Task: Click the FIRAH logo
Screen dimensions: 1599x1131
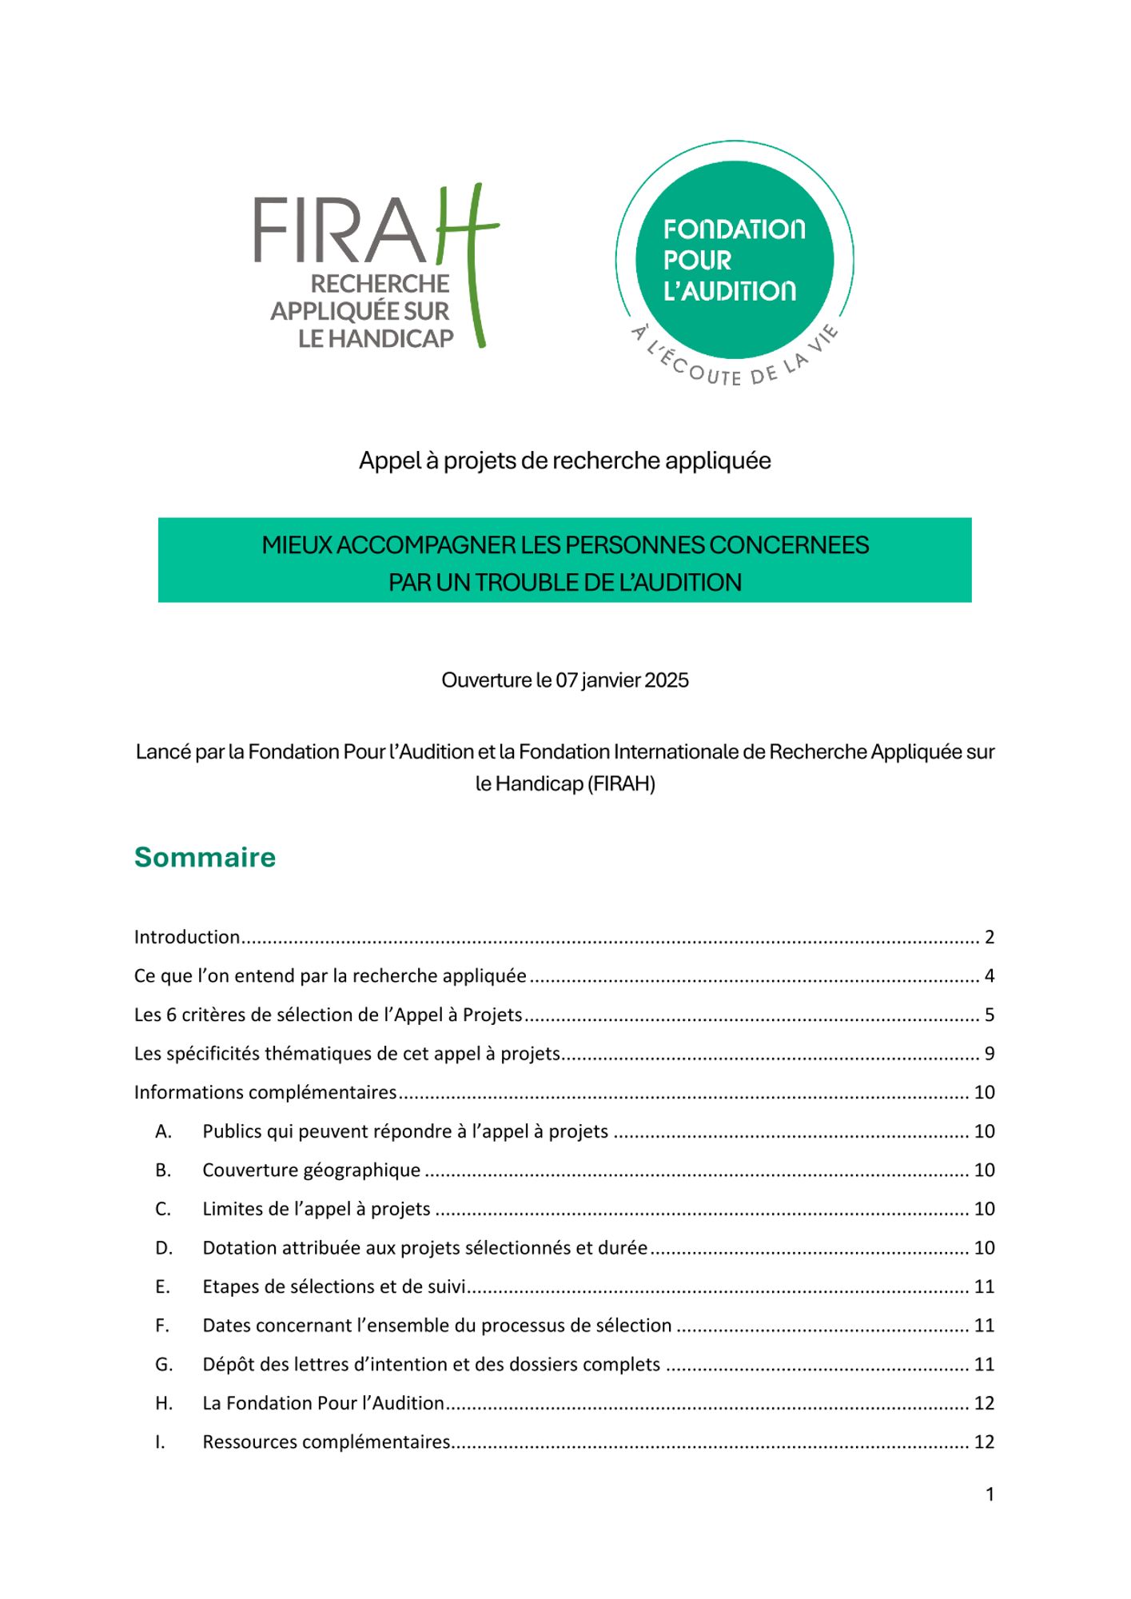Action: pyautogui.click(x=376, y=268)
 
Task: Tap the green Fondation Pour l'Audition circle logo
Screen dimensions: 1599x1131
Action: pyautogui.click(x=735, y=260)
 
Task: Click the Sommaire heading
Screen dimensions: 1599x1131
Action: pyautogui.click(x=205, y=857)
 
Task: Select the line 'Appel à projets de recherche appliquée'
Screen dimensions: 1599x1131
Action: pyautogui.click(x=564, y=461)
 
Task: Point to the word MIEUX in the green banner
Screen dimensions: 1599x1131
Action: pyautogui.click(x=297, y=545)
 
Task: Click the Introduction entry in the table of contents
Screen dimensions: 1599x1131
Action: pyautogui.click(x=187, y=937)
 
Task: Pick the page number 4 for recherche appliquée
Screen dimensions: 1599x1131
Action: pyautogui.click(x=990, y=976)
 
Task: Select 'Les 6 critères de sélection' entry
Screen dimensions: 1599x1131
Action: pyautogui.click(x=328, y=1015)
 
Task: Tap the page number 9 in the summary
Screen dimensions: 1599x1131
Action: pyautogui.click(x=990, y=1054)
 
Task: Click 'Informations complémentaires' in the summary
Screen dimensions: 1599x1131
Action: pyautogui.click(x=265, y=1092)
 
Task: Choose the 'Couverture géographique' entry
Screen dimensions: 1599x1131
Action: pyautogui.click(x=311, y=1170)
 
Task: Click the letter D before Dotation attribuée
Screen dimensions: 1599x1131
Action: pyautogui.click(x=164, y=1248)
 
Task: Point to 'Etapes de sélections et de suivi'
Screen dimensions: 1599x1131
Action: pyautogui.click(x=334, y=1286)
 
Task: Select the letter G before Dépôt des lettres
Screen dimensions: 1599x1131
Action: pyautogui.click(x=164, y=1365)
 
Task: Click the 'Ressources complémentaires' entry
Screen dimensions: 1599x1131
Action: pyautogui.click(x=326, y=1442)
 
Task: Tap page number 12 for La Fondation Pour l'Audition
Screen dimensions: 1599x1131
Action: pyautogui.click(x=984, y=1403)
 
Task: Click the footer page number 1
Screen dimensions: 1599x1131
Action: pyautogui.click(x=990, y=1494)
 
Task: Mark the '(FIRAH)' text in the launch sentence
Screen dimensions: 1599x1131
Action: pyautogui.click(x=621, y=784)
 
